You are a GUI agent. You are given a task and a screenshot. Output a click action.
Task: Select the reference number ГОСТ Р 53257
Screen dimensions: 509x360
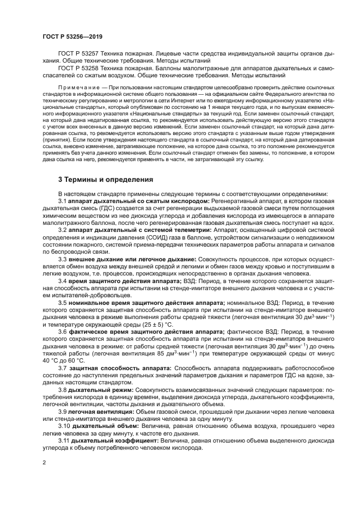tap(77, 55)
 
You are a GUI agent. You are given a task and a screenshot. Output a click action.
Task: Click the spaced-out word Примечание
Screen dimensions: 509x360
tap(79, 87)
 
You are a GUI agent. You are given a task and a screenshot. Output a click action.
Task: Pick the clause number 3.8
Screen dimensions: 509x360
tap(63, 390)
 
